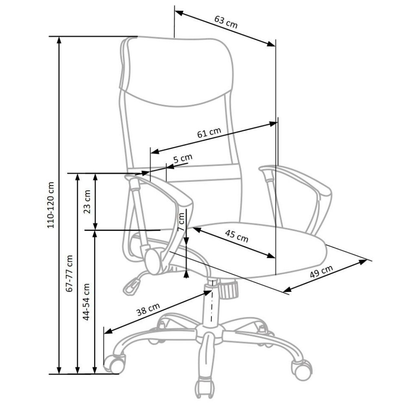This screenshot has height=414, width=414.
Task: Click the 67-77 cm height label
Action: tap(70, 273)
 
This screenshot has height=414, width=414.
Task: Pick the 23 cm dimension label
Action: tap(87, 201)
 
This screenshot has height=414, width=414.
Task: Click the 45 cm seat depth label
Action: tap(237, 236)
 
